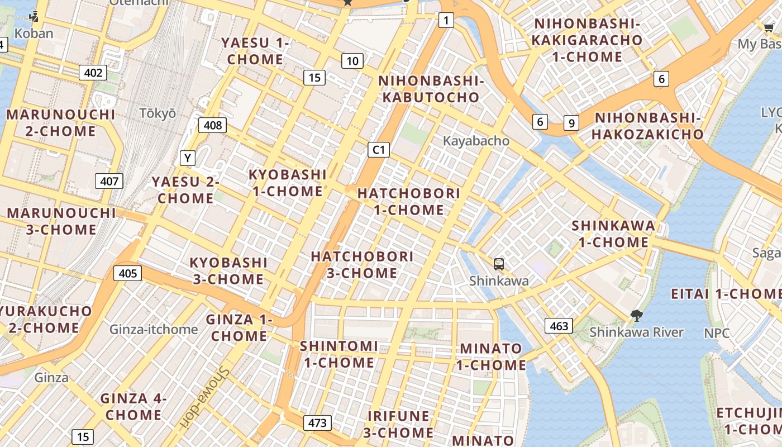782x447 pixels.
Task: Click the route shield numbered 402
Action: [x=93, y=73]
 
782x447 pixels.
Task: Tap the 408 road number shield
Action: [x=213, y=125]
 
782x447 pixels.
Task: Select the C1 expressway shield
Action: [x=378, y=150]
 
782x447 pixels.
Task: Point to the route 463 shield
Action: [x=559, y=326]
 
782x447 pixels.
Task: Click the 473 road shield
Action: [x=317, y=423]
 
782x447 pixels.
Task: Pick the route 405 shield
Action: [x=128, y=273]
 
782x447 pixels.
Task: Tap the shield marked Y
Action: [x=188, y=159]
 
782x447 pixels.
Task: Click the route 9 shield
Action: [x=571, y=123]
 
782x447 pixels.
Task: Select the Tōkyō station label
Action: [x=158, y=113]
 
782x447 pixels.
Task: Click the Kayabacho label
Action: [x=476, y=141]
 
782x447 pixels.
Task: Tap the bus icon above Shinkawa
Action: [x=499, y=264]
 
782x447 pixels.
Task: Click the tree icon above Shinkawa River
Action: [x=636, y=316]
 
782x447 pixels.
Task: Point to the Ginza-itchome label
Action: [x=154, y=330]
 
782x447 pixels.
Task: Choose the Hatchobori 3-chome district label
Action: [x=362, y=265]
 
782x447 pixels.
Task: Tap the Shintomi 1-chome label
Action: [x=338, y=354]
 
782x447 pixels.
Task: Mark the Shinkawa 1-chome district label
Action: [x=613, y=234]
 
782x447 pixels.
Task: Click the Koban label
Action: [x=34, y=34]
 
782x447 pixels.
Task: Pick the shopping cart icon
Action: [x=769, y=27]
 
